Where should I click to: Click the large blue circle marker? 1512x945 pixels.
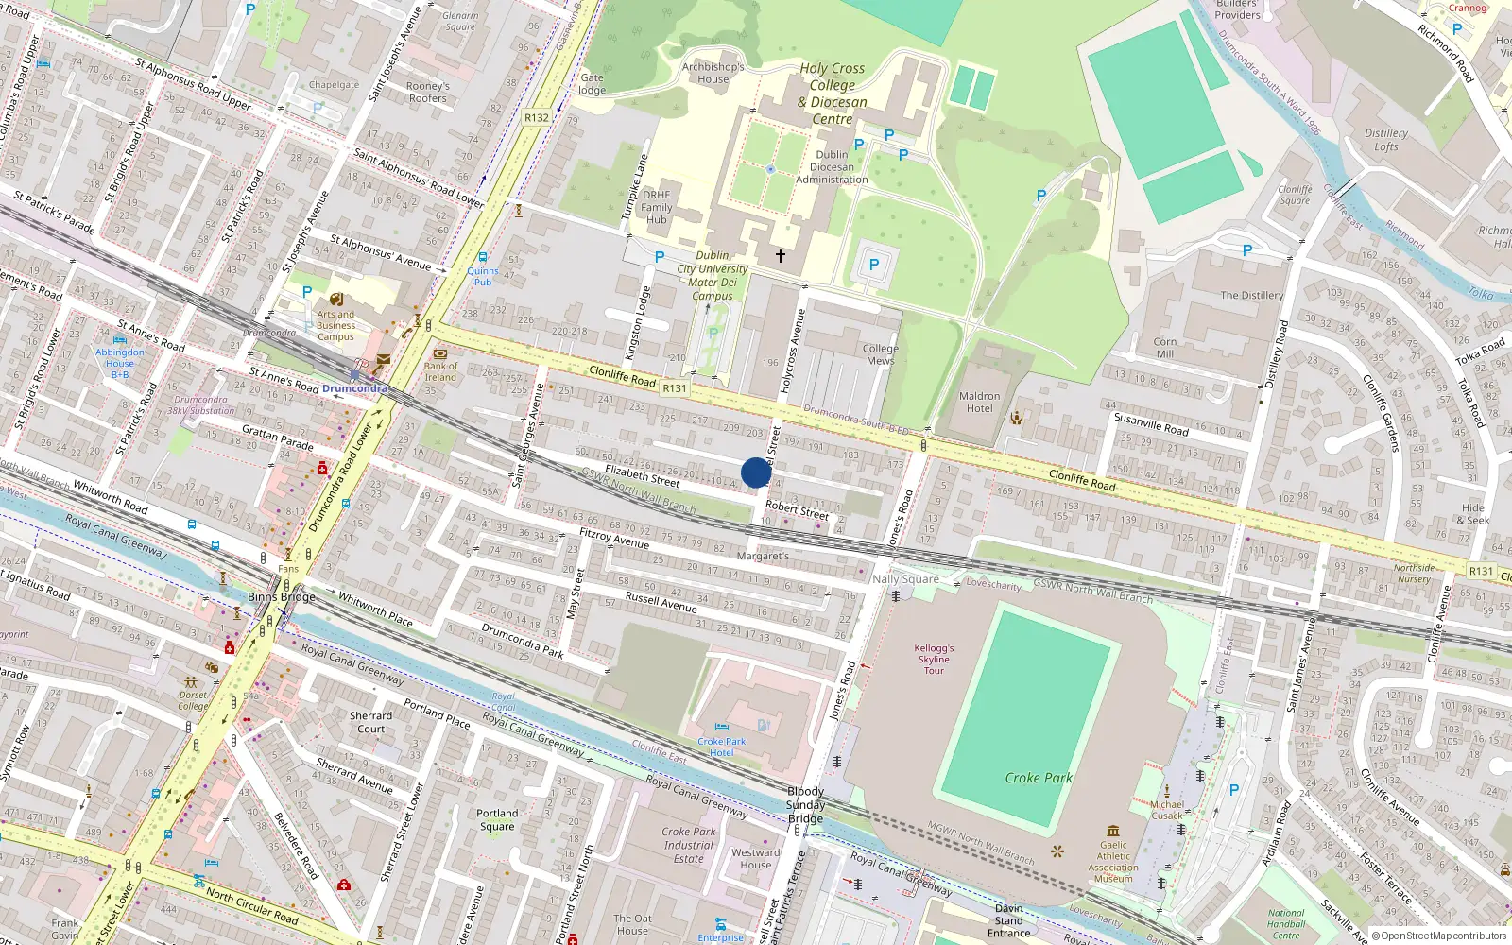[756, 472]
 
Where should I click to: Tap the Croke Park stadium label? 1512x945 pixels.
[1038, 778]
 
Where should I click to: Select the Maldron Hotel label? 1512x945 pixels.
[979, 403]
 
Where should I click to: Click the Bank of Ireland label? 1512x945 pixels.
[440, 371]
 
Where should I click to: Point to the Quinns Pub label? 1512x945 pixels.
[483, 276]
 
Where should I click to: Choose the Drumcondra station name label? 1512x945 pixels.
[354, 388]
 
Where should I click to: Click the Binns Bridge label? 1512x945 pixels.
[281, 596]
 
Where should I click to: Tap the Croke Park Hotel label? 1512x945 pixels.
[722, 747]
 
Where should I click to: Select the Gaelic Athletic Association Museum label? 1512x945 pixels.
[1113, 862]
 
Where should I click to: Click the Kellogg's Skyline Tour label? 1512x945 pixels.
[934, 659]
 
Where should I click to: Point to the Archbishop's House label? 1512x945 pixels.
[713, 73]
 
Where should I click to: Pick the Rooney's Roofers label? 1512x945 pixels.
[428, 92]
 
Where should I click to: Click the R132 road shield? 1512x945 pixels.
[536, 118]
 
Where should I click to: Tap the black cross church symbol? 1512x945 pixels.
[781, 256]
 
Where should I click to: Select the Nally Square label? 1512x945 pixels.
[905, 578]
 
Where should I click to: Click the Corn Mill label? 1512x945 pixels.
[1165, 348]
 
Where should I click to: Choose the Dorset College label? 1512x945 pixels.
[193, 700]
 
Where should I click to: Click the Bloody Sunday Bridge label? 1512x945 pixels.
[805, 805]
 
